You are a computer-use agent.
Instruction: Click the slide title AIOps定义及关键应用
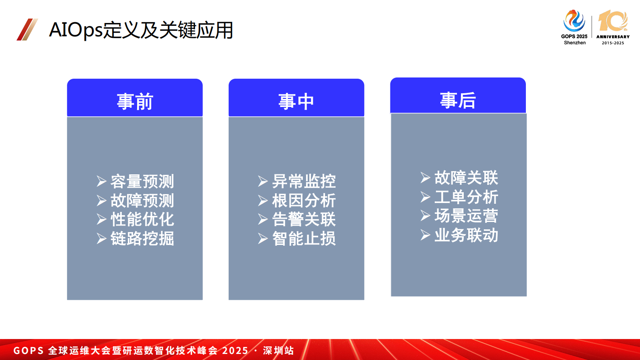[141, 30]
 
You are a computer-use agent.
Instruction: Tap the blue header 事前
[135, 101]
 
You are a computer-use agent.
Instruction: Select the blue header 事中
[296, 101]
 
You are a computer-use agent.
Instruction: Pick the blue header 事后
[458, 100]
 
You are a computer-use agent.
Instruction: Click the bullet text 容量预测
[142, 181]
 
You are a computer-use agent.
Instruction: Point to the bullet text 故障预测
[142, 200]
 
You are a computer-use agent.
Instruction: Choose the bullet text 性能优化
[142, 219]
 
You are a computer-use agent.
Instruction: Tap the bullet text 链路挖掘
[142, 238]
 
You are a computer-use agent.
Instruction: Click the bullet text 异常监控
[304, 181]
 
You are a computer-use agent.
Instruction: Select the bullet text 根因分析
[304, 200]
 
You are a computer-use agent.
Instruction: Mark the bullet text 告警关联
[304, 219]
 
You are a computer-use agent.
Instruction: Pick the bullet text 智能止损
[304, 238]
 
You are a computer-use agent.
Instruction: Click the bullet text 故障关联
[466, 178]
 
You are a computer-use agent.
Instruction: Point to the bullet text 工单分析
[466, 197]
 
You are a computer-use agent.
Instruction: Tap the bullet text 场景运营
[466, 216]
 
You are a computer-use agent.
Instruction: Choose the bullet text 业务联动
[466, 235]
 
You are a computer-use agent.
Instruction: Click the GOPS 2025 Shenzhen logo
[574, 27]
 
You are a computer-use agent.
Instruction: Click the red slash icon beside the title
[27, 29]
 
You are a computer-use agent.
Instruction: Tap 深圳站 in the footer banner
[278, 350]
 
